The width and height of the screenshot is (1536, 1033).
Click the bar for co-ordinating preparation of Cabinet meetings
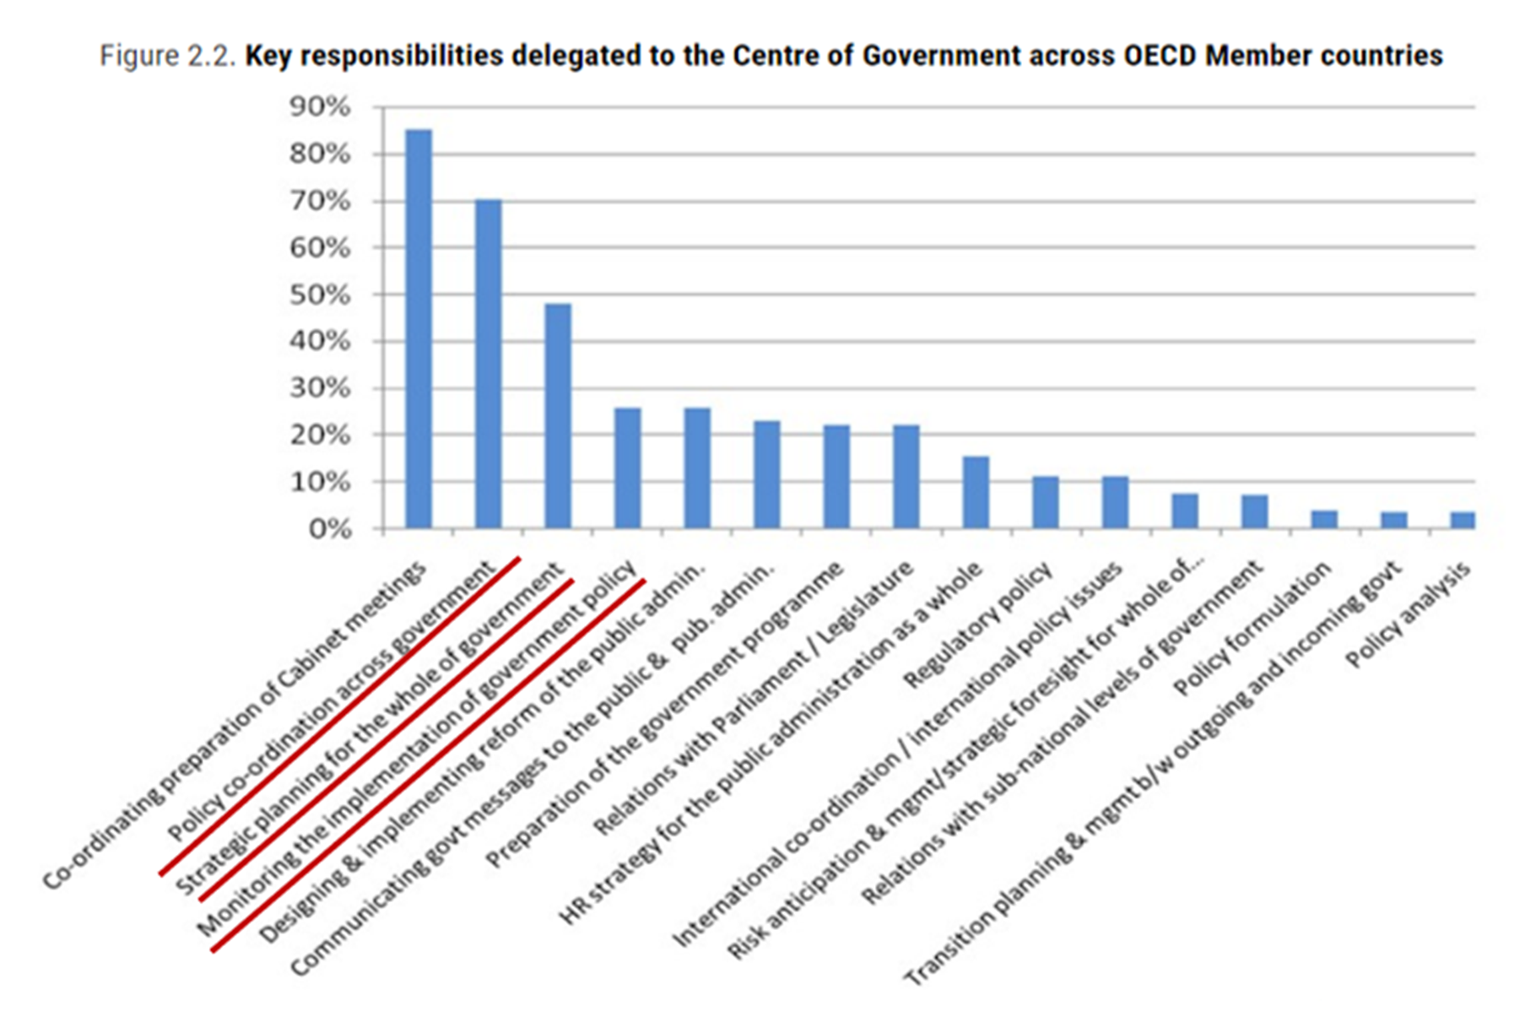point(419,329)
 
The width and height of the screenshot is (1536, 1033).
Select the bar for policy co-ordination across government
point(489,364)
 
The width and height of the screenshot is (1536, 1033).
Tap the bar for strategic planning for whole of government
point(558,416)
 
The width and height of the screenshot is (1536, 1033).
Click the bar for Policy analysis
point(1463,520)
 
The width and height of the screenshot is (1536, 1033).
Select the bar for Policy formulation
point(1324,519)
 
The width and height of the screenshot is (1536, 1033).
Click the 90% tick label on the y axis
point(319,107)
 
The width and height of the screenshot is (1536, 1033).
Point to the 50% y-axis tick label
point(319,295)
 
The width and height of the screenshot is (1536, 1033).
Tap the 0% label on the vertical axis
point(328,529)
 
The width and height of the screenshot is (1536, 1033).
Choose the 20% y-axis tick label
point(319,435)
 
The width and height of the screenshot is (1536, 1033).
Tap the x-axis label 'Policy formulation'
point(1253,629)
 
